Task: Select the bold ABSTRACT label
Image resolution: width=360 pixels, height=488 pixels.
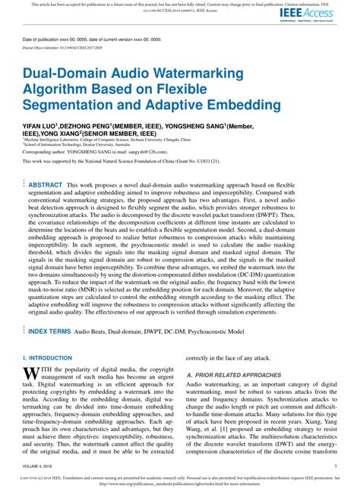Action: click(x=45, y=184)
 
